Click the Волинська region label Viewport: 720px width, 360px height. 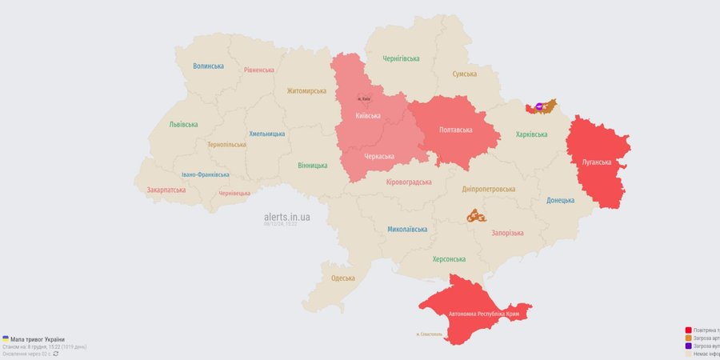(x=208, y=66)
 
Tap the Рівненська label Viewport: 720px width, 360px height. (x=259, y=70)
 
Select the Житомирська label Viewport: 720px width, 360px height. (x=306, y=91)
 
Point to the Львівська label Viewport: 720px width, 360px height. (x=183, y=125)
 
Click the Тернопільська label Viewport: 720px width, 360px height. (x=226, y=145)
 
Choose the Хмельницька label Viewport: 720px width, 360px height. (x=266, y=134)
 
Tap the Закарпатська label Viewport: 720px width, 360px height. (x=166, y=190)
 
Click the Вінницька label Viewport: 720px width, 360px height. (x=312, y=166)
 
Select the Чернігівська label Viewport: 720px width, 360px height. (x=402, y=59)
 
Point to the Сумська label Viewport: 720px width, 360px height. (x=464, y=74)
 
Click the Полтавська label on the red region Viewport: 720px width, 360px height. (x=455, y=130)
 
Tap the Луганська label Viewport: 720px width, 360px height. (x=597, y=162)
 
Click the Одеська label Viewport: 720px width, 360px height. (x=343, y=278)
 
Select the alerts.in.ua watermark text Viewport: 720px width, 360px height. (x=286, y=217)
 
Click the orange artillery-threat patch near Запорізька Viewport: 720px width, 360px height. (x=477, y=216)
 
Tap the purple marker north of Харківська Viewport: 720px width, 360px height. (x=539, y=106)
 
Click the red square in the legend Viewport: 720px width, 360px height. (x=688, y=330)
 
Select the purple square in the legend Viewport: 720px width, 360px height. (x=688, y=346)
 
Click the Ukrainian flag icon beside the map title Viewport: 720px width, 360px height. (x=6, y=339)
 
